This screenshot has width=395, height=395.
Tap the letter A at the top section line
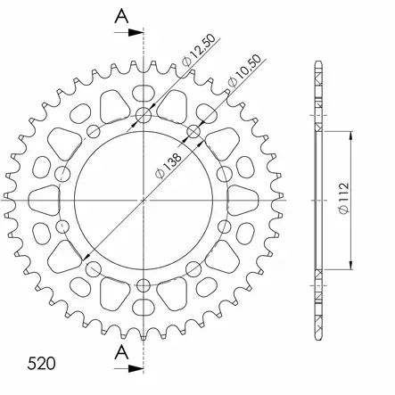click(121, 15)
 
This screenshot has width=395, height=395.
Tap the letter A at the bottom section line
click(121, 354)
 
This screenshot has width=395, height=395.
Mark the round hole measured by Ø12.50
click(144, 114)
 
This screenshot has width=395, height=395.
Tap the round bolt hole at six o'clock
click(144, 285)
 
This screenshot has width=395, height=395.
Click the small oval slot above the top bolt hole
click(144, 93)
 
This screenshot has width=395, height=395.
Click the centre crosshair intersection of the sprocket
click(144, 200)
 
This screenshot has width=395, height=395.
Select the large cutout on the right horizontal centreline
click(243, 200)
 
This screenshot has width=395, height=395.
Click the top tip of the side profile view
click(318, 62)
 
